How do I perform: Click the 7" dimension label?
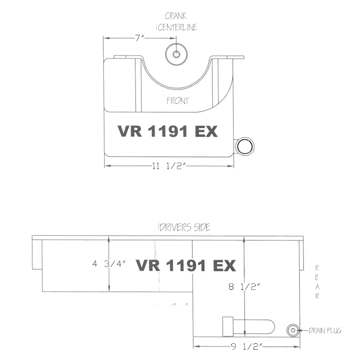139,38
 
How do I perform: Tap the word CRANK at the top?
175,16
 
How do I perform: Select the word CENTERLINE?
177,27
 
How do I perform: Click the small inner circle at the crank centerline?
176,54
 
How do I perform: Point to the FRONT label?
178,100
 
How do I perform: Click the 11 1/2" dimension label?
168,166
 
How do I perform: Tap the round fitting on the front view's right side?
245,147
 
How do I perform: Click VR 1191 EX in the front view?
167,131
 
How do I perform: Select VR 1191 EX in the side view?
186,265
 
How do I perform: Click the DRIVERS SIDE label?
184,227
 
